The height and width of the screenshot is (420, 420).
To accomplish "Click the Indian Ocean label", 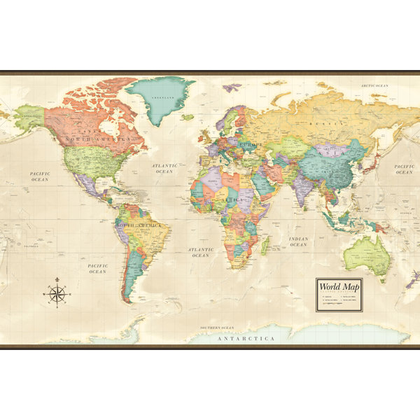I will point(298,241).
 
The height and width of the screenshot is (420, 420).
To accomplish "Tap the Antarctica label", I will point(246,338).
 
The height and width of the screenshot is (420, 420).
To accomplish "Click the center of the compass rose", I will point(57,294).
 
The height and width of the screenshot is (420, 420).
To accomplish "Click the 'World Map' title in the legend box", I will point(339,286).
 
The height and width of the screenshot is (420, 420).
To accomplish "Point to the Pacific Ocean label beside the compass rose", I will point(97,268).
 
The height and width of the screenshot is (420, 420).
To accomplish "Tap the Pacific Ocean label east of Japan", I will point(404,169).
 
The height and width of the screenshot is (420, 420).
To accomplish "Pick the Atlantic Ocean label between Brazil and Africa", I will point(200,252).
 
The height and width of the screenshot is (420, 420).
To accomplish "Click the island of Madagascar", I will point(265,244).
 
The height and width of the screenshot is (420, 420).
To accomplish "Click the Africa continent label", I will point(233,199).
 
